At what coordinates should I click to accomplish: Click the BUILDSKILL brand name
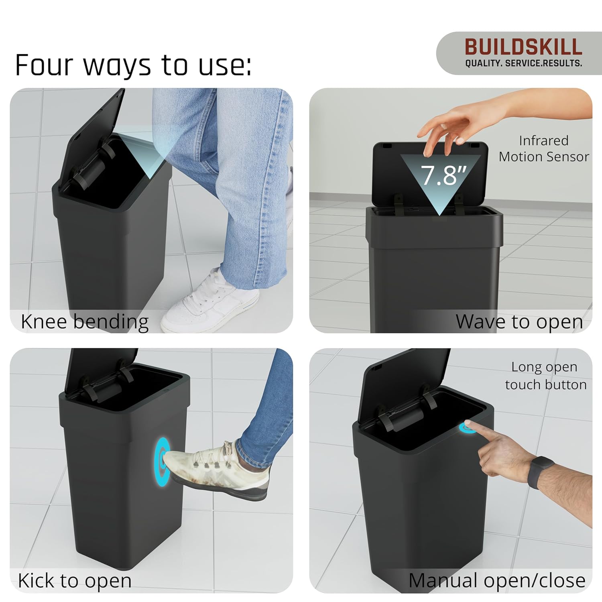tap(523, 47)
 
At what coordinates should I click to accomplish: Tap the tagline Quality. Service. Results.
tap(523, 63)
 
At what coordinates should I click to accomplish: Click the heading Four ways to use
tap(133, 65)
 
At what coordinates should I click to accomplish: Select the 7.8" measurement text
tap(443, 175)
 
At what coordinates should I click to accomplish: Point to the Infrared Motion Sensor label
tap(544, 148)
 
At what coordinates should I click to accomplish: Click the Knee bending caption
tap(85, 321)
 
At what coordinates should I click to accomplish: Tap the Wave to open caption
tap(519, 321)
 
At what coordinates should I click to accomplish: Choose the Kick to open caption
tap(75, 581)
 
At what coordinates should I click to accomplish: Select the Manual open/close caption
tap(497, 581)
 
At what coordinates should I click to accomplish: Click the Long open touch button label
tap(545, 376)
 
